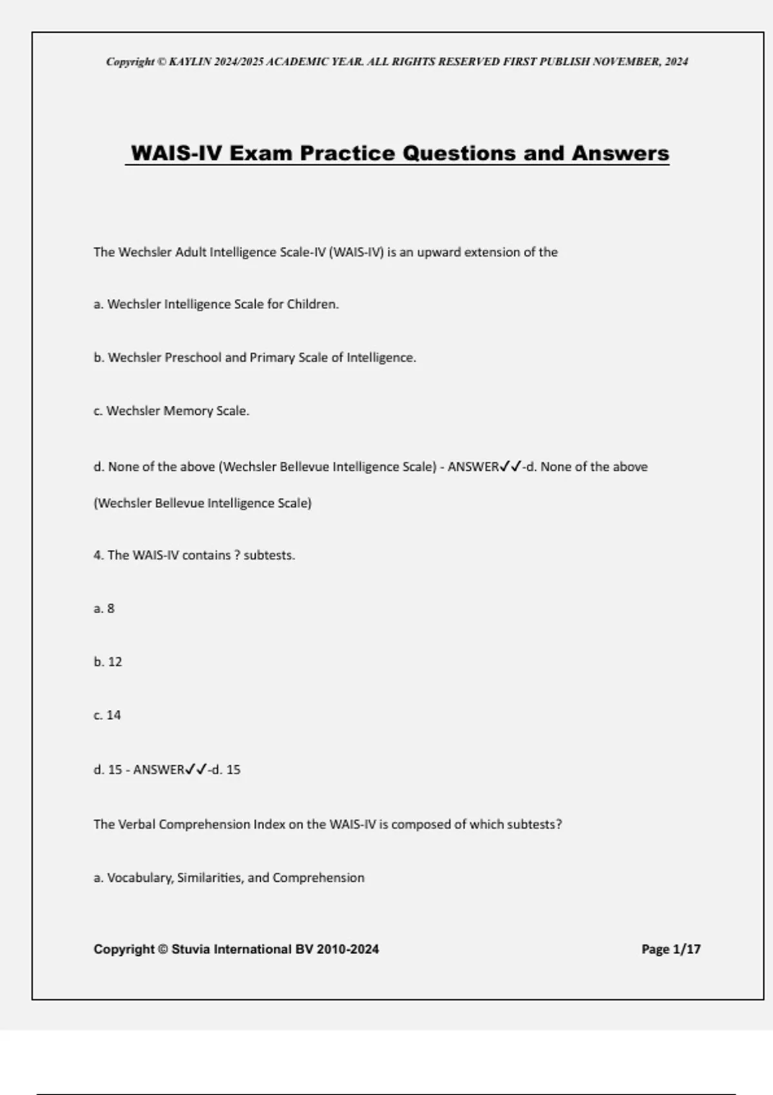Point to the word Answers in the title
[x=620, y=153]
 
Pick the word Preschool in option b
[x=193, y=357]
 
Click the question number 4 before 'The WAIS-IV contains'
[x=98, y=555]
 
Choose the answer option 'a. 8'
[x=104, y=609]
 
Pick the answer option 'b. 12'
[x=108, y=662]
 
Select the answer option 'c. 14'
[x=107, y=716]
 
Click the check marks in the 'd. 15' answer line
[x=196, y=769]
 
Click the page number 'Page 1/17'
[x=671, y=949]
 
